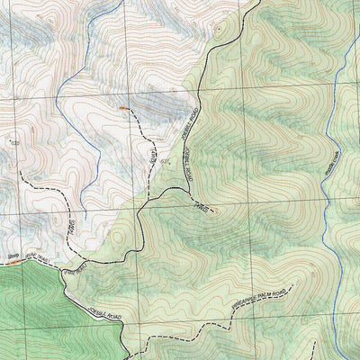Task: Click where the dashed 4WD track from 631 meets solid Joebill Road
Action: tap(144, 212)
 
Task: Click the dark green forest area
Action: tap(36, 315)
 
